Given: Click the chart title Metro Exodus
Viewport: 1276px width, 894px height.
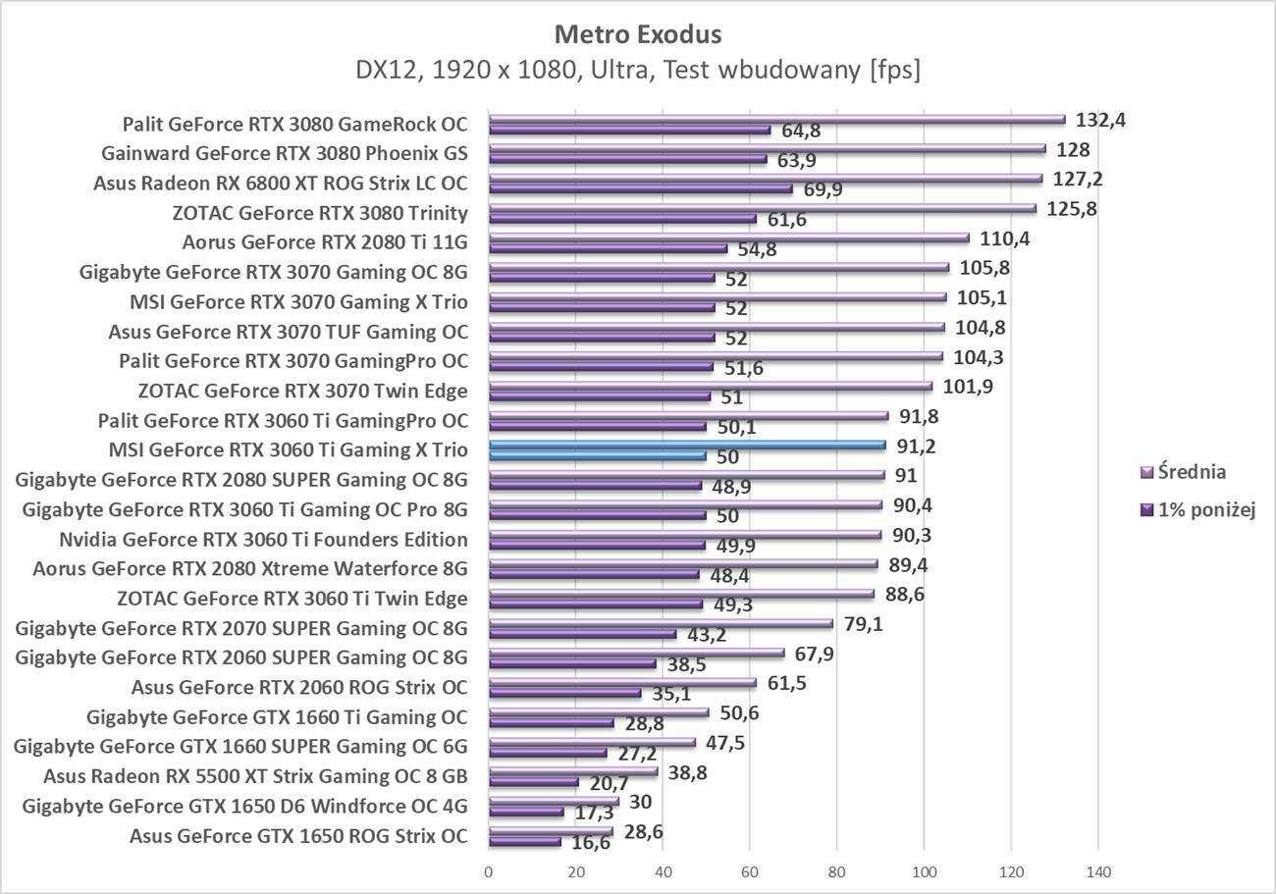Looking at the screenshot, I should click(x=638, y=34).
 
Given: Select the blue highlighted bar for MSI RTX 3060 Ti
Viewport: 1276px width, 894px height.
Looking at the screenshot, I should click(x=687, y=446).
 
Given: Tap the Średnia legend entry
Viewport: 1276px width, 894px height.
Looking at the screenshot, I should click(x=1183, y=472).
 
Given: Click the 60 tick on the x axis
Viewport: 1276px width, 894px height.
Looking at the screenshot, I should click(x=750, y=870).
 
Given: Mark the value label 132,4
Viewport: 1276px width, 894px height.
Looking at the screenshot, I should click(x=1101, y=120).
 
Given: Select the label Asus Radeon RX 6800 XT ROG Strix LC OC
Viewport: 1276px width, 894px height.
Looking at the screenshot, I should click(x=281, y=184).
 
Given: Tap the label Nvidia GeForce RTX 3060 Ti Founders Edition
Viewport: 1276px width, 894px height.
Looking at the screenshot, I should click(x=263, y=540).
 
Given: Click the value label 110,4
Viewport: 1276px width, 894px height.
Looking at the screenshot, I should click(x=1005, y=238).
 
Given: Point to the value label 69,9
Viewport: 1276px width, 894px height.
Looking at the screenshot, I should click(x=818, y=190).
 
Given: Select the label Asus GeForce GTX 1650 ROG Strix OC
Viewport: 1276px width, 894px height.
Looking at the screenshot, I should click(x=298, y=836).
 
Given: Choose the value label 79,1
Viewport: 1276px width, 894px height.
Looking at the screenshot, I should click(x=861, y=624).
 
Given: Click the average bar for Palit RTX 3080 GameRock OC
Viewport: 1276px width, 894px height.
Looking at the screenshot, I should click(x=775, y=119).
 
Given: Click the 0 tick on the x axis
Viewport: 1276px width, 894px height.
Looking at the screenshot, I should click(x=489, y=870).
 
